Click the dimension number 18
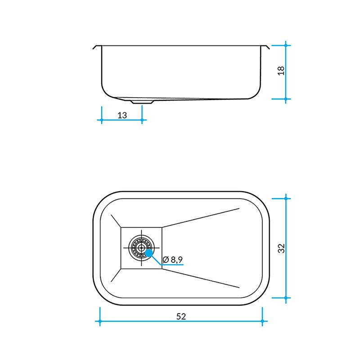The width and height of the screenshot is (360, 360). pyautogui.click(x=281, y=71)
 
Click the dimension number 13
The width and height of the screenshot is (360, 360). pyautogui.click(x=122, y=115)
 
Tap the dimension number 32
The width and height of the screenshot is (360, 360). pyautogui.click(x=281, y=248)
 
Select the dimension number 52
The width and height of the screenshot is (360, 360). pyautogui.click(x=181, y=316)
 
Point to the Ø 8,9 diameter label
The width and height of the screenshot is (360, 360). pyautogui.click(x=172, y=260)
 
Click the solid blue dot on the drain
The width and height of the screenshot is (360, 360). pyautogui.click(x=149, y=253)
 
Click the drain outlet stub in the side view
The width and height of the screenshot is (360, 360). pyautogui.click(x=142, y=102)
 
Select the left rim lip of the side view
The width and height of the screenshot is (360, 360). pyautogui.click(x=97, y=47)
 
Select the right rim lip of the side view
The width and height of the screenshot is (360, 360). pyautogui.click(x=265, y=47)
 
